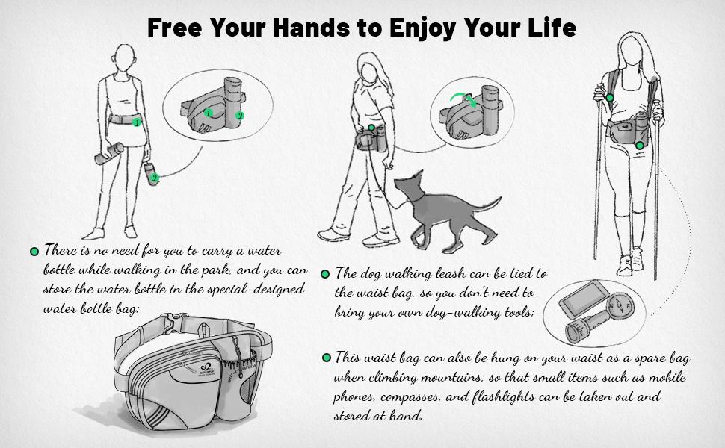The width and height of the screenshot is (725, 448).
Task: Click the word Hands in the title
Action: click(x=312, y=27)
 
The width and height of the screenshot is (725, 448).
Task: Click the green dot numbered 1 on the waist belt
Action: click(x=136, y=122)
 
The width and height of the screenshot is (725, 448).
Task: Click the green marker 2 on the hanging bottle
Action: click(x=155, y=178)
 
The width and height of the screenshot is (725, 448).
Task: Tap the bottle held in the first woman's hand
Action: click(x=109, y=154)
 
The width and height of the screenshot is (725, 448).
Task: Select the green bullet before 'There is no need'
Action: click(x=34, y=252)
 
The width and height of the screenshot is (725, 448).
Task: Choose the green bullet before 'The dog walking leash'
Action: click(x=325, y=274)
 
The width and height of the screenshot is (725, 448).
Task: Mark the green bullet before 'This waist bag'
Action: click(x=327, y=358)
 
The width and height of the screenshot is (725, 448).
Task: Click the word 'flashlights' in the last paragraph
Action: click(x=508, y=396)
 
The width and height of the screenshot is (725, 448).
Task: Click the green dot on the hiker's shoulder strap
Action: click(x=611, y=98)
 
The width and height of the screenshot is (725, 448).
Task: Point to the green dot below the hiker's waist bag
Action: click(x=640, y=146)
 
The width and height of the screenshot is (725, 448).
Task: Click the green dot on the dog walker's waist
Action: click(x=371, y=128)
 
